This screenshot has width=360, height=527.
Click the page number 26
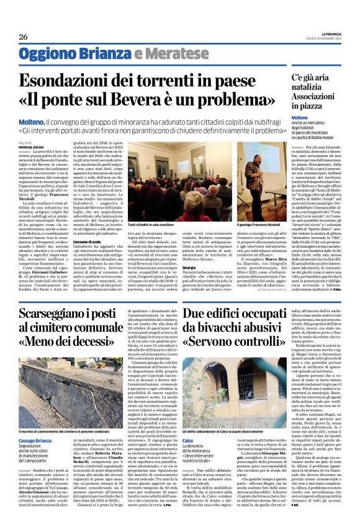coord(23,37)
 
